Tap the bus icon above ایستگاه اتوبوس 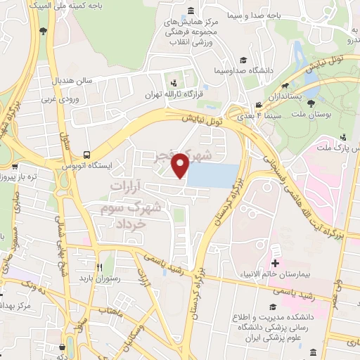click(x=86, y=154)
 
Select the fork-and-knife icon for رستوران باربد click(x=99, y=267)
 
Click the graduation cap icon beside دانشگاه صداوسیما click(x=243, y=60)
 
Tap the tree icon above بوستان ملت click(x=311, y=103)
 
